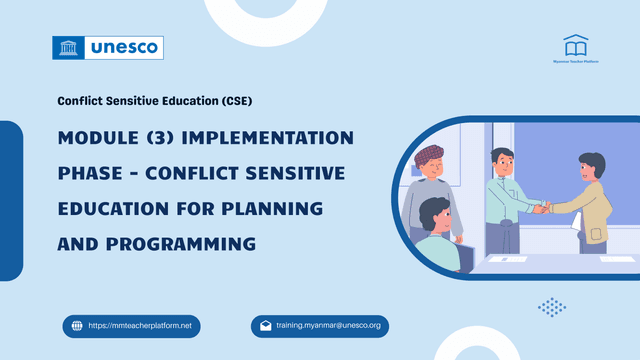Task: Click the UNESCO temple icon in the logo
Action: pyautogui.click(x=69, y=47)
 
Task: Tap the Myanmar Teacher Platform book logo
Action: pyautogui.click(x=575, y=46)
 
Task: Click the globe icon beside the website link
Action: pyautogui.click(x=76, y=326)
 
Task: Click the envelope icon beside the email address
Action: pyautogui.click(x=265, y=326)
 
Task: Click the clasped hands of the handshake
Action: pyautogui.click(x=541, y=208)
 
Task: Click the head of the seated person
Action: pyautogui.click(x=436, y=212)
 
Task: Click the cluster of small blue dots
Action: pyautogui.click(x=551, y=306)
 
